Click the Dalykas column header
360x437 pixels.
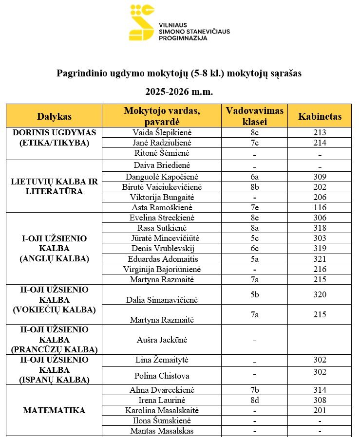click(54, 116)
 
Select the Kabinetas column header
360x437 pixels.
click(320, 116)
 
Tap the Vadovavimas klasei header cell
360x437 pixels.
click(254, 116)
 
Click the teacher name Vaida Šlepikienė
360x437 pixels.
click(162, 132)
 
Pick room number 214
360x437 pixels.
click(320, 143)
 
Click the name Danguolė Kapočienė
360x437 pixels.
click(162, 177)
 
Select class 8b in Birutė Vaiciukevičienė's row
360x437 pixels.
click(254, 187)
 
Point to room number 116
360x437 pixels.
click(320, 207)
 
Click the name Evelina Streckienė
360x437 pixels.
click(162, 218)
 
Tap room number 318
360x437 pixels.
click(320, 228)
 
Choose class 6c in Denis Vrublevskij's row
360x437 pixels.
click(254, 248)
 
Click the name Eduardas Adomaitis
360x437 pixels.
click(162, 258)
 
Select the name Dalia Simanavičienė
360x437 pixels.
click(162, 300)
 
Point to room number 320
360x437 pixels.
click(320, 294)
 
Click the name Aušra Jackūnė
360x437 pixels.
click(162, 340)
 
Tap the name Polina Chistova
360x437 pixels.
click(162, 376)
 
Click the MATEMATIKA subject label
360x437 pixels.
click(54, 410)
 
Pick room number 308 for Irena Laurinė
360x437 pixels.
click(320, 400)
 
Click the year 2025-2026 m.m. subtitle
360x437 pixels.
click(179, 91)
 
